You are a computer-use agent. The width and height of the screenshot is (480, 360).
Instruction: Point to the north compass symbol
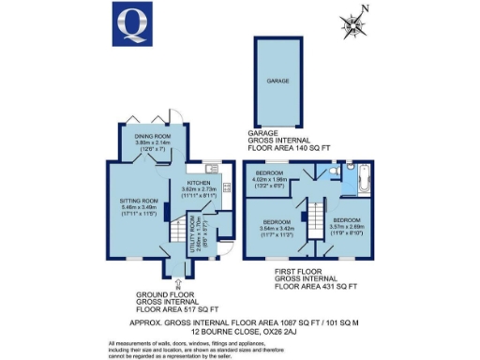click(352, 23)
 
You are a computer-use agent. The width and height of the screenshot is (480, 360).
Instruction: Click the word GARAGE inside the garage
click(277, 82)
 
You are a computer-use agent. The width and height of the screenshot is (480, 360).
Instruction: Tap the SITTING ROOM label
click(133, 201)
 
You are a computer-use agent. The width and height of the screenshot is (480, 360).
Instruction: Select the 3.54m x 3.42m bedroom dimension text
click(271, 228)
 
